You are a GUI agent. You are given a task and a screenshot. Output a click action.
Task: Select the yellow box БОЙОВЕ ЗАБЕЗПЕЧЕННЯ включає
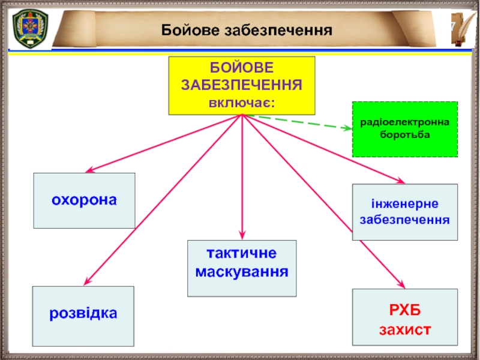pyautogui.click(x=241, y=85)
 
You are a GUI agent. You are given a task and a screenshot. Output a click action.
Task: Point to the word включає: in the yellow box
pyautogui.click(x=241, y=103)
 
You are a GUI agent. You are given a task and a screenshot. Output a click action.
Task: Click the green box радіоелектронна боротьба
pyautogui.click(x=404, y=129)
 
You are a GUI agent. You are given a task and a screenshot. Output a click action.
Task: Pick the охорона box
pyautogui.click(x=84, y=200)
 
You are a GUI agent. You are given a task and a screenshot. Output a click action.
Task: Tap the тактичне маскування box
pyautogui.click(x=242, y=269)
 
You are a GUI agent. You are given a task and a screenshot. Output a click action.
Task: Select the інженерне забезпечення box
pyautogui.click(x=404, y=212)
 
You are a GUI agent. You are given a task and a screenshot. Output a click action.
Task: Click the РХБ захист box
pyautogui.click(x=404, y=319)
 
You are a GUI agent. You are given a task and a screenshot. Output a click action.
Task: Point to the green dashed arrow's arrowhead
pyautogui.click(x=347, y=128)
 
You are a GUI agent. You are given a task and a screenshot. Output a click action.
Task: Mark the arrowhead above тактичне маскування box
pyautogui.click(x=242, y=235)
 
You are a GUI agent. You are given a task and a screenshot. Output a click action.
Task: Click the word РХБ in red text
pyautogui.click(x=404, y=310)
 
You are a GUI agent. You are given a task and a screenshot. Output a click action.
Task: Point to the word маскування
pyautogui.click(x=242, y=272)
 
